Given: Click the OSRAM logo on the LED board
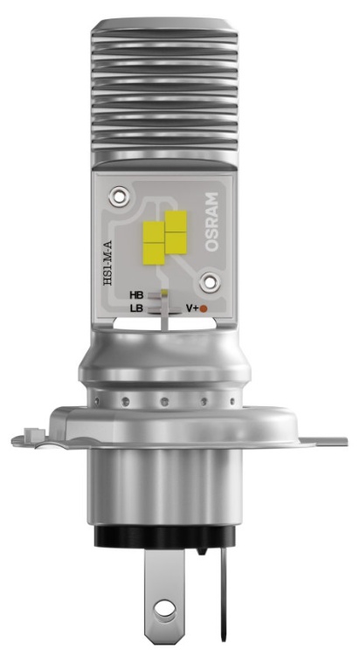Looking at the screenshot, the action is click(x=211, y=222).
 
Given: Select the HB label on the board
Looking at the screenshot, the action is click(x=136, y=295).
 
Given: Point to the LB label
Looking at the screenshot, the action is click(x=137, y=308).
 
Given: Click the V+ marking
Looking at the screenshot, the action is click(x=192, y=308).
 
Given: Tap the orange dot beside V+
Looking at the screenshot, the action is click(x=204, y=309).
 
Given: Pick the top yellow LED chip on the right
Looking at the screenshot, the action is click(x=176, y=221).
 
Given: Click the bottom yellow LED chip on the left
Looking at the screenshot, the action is click(x=154, y=254).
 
